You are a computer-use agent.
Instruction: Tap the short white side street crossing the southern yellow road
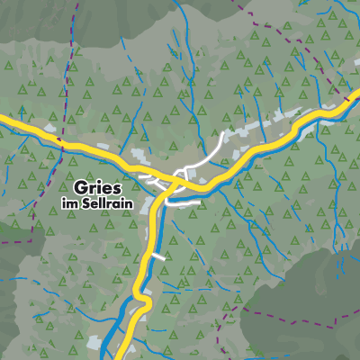[x=158, y=256]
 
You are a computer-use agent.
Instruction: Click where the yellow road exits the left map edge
[x=3, y=117]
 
